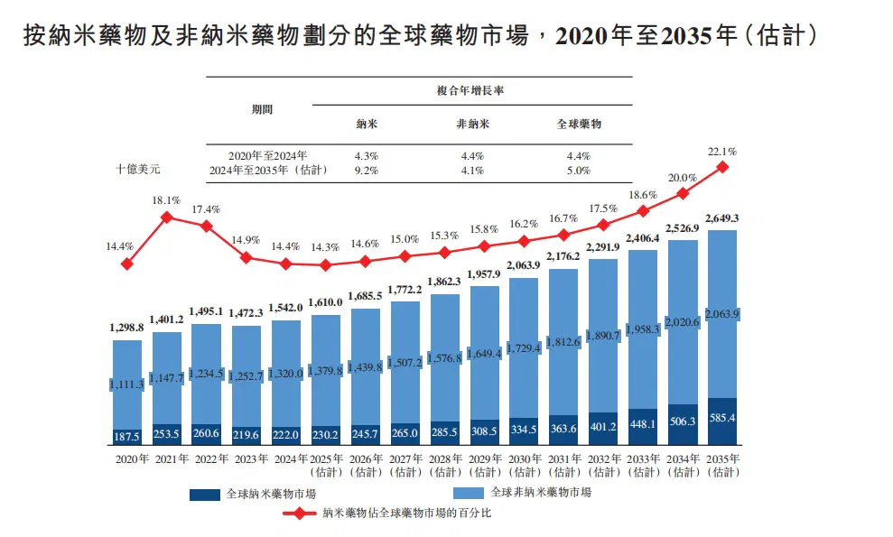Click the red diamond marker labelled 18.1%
[x=167, y=217]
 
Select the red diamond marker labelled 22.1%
[x=722, y=167]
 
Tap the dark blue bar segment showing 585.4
[x=722, y=421]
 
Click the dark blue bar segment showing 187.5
[x=127, y=437]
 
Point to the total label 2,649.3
[x=722, y=218]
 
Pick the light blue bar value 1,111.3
[x=127, y=385]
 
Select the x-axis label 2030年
[x=525, y=459]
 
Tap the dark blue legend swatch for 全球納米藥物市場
[x=204, y=495]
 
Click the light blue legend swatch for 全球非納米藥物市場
[x=469, y=493]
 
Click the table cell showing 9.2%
[x=367, y=171]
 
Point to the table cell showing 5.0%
[x=579, y=171]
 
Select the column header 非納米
[x=473, y=124]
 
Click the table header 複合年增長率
[x=470, y=90]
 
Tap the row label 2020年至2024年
[x=267, y=155]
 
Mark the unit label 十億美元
[x=138, y=169]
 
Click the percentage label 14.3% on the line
[x=325, y=247]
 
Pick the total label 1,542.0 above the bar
[x=286, y=308]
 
